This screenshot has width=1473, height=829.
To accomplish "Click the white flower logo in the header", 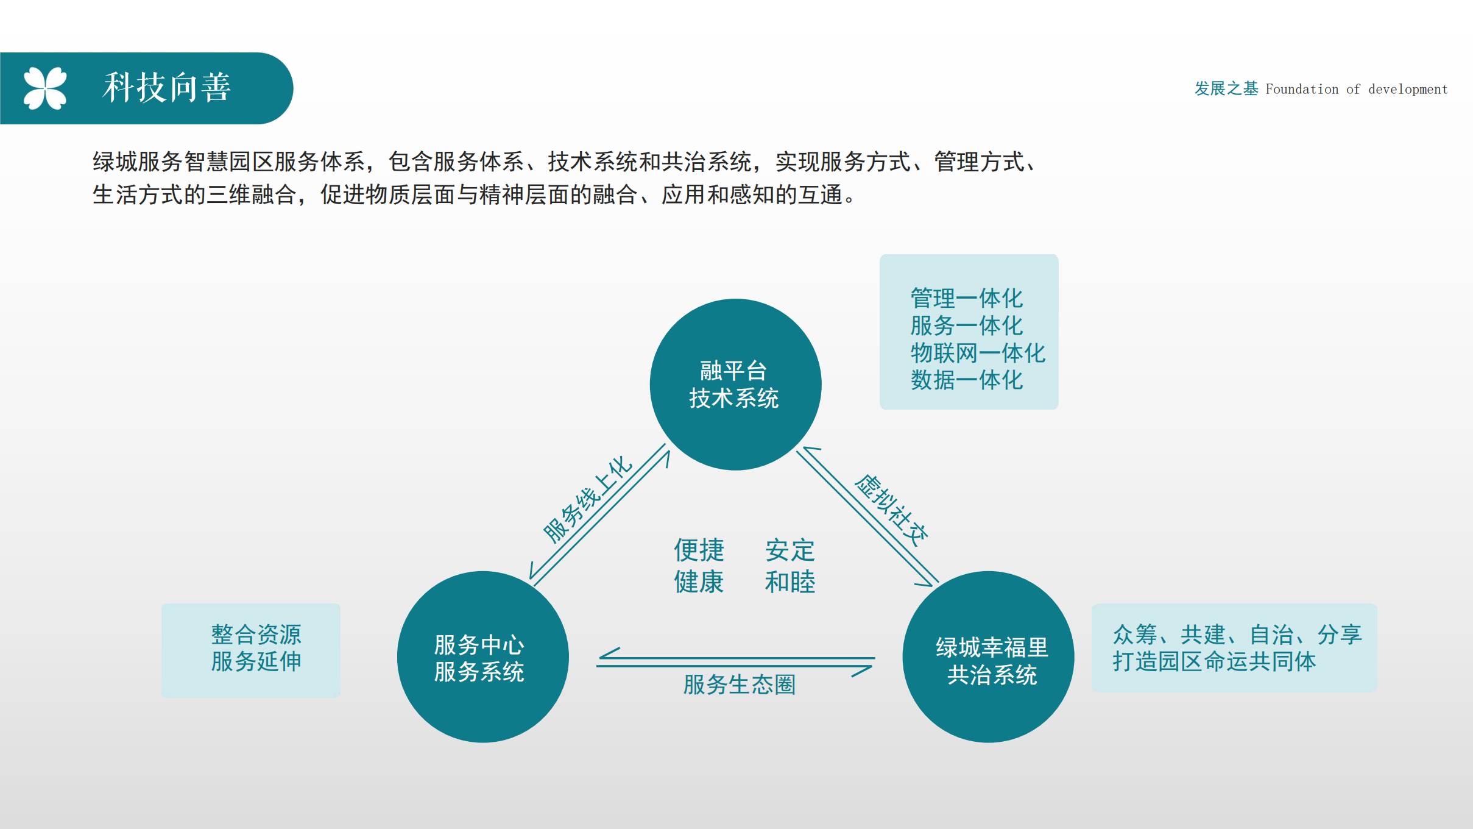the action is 45,88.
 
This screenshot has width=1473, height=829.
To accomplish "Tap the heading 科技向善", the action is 167,87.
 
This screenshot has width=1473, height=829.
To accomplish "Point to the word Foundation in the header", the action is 1302,89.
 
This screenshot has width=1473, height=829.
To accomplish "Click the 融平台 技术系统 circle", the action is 735,384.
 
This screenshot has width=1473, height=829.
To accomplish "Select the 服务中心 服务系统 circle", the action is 482,656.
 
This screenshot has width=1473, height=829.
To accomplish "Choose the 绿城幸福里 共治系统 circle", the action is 988,656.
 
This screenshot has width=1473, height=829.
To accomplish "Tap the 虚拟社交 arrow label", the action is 891,510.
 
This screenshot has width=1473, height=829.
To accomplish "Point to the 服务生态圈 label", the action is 739,685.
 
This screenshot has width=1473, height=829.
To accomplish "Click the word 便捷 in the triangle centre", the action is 699,550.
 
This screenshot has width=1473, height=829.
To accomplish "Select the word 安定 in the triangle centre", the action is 790,550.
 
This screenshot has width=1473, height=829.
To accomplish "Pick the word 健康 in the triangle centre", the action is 699,582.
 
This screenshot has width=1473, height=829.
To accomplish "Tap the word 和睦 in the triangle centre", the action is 790,582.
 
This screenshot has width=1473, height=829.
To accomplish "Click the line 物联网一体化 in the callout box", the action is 978,353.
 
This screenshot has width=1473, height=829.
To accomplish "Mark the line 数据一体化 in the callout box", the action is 967,380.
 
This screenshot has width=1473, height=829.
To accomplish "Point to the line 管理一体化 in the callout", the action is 967,298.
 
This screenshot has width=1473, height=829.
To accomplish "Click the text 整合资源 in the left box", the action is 256,635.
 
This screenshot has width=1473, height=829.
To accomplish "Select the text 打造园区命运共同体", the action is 1214,661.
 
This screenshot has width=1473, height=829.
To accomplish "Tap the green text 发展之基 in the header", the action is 1226,88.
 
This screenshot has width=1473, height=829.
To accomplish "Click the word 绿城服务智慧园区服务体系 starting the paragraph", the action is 229,162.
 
